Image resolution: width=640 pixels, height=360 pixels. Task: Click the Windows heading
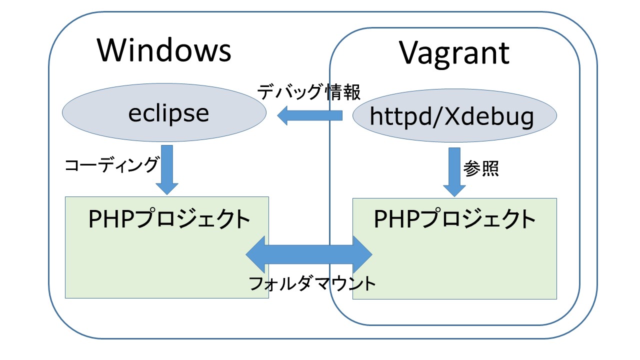tap(164, 50)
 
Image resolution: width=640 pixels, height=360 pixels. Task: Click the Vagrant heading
tap(454, 53)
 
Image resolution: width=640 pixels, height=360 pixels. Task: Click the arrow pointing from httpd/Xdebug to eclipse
tap(309, 115)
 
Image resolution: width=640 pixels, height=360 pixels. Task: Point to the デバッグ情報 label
tap(309, 92)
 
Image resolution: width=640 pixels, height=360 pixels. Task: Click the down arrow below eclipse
tap(167, 170)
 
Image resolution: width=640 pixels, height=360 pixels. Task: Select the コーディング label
tap(111, 165)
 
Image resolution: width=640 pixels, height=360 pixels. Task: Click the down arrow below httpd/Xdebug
tap(454, 172)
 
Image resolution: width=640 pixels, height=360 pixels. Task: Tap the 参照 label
tap(481, 168)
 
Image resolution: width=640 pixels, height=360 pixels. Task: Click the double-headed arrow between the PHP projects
tap(309, 254)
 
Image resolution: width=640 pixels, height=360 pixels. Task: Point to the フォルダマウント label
tap(312, 283)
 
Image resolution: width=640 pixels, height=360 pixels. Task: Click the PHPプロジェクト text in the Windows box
tap(169, 219)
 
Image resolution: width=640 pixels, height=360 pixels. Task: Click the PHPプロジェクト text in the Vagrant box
tap(454, 219)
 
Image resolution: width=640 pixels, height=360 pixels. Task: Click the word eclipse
tap(168, 113)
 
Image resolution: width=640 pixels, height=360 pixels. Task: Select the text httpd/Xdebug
tap(451, 117)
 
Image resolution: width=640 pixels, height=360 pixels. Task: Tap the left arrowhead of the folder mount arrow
tap(255, 254)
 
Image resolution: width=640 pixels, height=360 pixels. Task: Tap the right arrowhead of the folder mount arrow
tap(363, 254)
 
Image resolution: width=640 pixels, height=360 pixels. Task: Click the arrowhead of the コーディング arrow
tap(167, 189)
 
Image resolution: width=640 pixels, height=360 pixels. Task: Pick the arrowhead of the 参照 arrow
tap(454, 191)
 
